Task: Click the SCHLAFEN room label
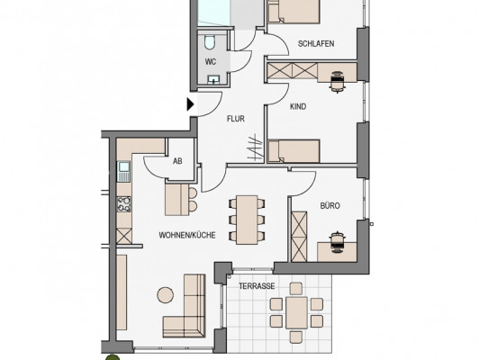316,44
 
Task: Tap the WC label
211,62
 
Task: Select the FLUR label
236,119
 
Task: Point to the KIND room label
298,106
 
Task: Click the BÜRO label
330,205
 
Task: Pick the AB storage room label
177,161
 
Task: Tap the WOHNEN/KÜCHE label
187,235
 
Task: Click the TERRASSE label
257,286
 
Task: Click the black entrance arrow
190,104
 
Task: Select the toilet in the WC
210,42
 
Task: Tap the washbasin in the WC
213,80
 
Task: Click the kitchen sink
124,171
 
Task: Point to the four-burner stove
124,204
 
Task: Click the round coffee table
166,295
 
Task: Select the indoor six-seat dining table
247,220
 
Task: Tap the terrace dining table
296,312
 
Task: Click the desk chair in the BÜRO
337,242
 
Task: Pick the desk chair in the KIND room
338,82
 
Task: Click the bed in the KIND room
294,151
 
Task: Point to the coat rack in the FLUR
256,148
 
